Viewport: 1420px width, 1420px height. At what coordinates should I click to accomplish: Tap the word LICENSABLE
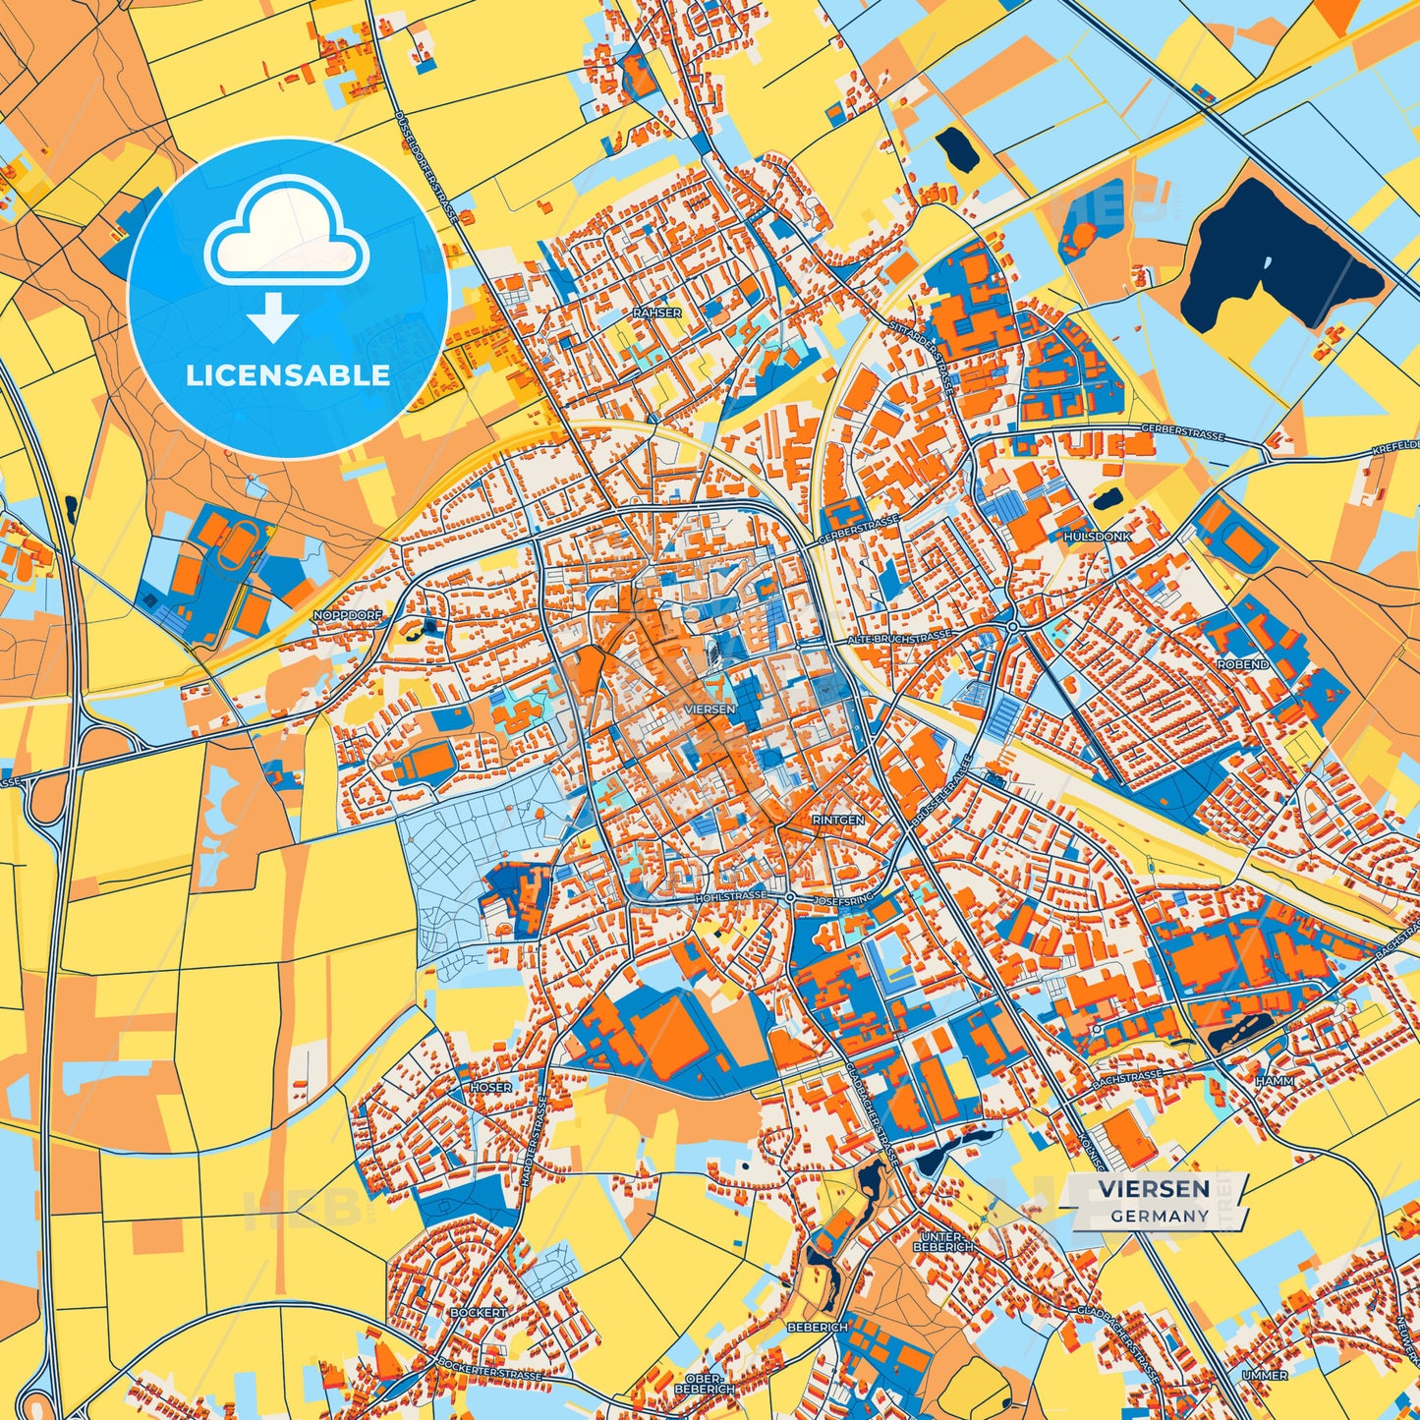click(x=288, y=375)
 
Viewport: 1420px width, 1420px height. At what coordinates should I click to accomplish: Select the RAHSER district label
click(x=656, y=312)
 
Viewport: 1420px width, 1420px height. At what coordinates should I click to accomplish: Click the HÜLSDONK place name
click(x=1097, y=537)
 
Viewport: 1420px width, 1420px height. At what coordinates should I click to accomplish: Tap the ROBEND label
click(x=1243, y=664)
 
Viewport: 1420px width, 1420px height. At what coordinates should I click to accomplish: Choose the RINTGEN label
click(x=838, y=820)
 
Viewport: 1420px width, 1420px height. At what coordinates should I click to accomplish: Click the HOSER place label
click(x=490, y=1087)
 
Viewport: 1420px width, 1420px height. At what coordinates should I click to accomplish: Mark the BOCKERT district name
click(x=479, y=1312)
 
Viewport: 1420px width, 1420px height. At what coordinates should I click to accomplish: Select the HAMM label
click(x=1275, y=1081)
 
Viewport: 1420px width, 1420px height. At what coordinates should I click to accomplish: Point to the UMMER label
click(x=1265, y=1375)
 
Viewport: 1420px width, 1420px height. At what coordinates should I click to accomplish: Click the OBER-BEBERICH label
click(x=704, y=1383)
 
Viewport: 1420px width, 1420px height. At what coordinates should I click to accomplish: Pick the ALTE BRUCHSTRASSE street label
click(x=899, y=638)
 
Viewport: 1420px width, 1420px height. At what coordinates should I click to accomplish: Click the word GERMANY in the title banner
click(x=1160, y=1216)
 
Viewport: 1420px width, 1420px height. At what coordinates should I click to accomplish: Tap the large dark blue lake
click(x=1278, y=256)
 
